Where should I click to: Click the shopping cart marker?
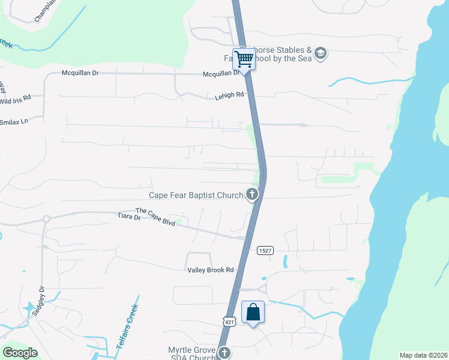tap(244, 59)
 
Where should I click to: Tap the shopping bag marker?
tap(253, 312)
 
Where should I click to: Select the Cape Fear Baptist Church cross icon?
tap(252, 194)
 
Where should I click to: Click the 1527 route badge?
tap(265, 250)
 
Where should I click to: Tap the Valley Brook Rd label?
tap(210, 270)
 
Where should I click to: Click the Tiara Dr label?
tap(128, 217)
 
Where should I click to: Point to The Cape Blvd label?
tap(155, 217)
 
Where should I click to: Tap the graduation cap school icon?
tap(321, 54)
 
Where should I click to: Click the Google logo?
tap(20, 353)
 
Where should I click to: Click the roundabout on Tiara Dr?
tap(46, 219)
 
